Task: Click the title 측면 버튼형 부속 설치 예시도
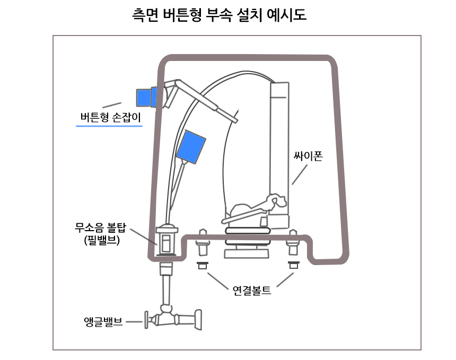219,14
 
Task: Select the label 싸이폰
308,156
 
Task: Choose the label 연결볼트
251,290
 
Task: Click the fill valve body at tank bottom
166,241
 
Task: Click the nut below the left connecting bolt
202,265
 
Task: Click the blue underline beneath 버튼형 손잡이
109,126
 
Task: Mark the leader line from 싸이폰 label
300,174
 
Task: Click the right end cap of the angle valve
198,320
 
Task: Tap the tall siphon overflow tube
279,143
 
